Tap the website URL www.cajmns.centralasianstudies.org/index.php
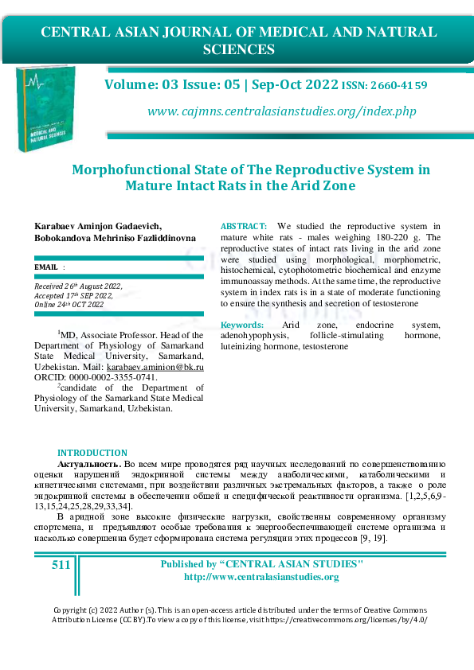282,111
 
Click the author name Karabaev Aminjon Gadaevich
98,228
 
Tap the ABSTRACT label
244,228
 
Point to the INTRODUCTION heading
92,453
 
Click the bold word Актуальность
89,463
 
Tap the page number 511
61,565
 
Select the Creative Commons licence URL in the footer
354,618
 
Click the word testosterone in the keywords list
325,348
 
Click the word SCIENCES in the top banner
239,49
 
